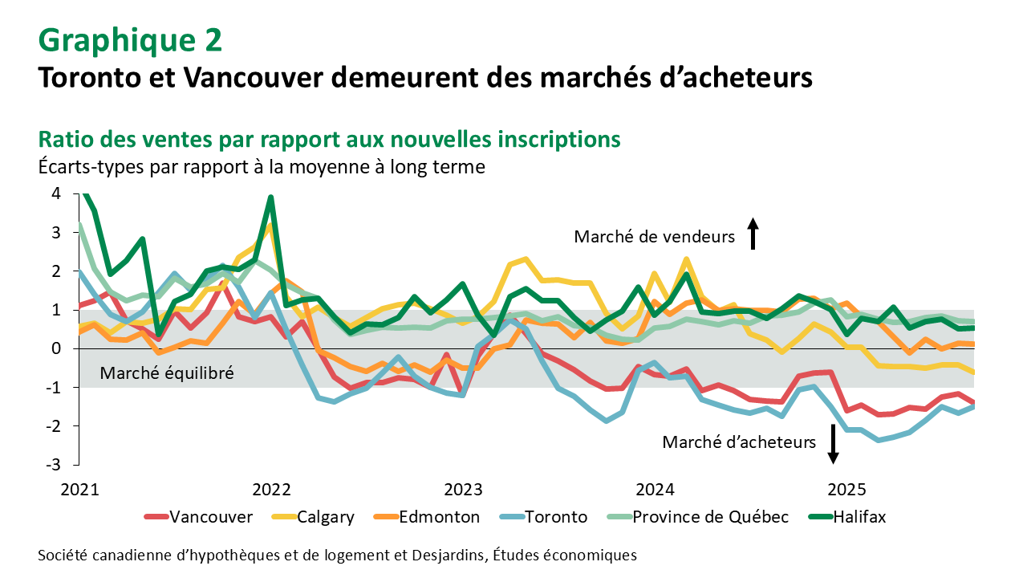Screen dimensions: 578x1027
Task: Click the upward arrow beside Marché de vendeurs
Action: [x=753, y=235]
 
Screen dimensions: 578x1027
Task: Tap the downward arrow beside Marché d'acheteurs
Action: [x=834, y=443]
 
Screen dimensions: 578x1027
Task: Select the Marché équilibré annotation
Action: [x=166, y=373]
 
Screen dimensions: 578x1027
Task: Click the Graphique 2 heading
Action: [x=130, y=39]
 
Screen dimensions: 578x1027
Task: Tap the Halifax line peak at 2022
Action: [x=271, y=197]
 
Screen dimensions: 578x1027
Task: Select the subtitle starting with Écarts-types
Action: [x=261, y=167]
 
